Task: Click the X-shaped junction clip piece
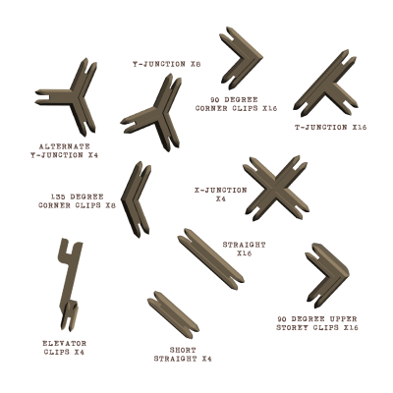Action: click(x=276, y=189)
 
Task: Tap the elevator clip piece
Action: click(x=70, y=282)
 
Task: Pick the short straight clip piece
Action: click(x=173, y=315)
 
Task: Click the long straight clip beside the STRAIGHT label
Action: click(x=211, y=258)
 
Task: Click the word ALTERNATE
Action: click(x=64, y=146)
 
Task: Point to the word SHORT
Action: click(x=183, y=350)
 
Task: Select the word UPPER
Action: click(x=342, y=319)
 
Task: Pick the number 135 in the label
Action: click(x=59, y=197)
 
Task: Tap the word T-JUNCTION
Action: click(x=321, y=128)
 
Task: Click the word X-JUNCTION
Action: click(x=221, y=191)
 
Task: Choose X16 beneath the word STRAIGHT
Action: click(x=244, y=253)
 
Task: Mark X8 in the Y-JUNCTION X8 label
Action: click(x=196, y=64)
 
